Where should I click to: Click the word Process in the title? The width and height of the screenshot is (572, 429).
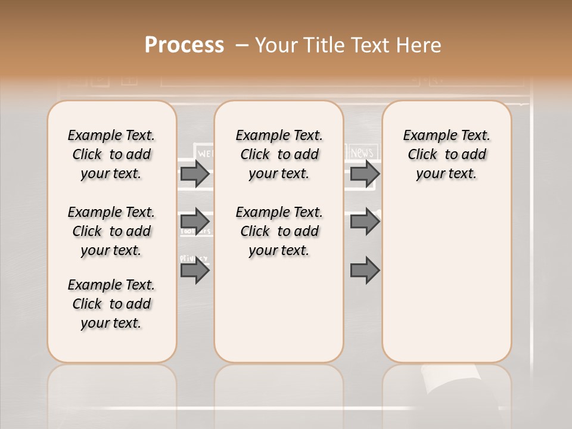[184, 45]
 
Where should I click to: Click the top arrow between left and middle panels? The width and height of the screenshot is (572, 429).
[194, 173]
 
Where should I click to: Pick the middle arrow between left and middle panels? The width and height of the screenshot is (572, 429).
[194, 221]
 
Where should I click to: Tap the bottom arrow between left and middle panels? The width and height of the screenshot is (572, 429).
[194, 271]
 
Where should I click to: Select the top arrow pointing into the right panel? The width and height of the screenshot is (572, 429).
[365, 173]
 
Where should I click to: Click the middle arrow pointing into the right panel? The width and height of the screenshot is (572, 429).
[365, 221]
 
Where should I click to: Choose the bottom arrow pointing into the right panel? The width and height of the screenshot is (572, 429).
[365, 271]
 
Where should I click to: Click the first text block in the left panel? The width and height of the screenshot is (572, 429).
[111, 154]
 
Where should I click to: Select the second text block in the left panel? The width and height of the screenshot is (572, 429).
[111, 231]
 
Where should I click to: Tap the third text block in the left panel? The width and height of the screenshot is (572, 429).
[111, 304]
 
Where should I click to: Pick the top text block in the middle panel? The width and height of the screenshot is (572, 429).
[279, 154]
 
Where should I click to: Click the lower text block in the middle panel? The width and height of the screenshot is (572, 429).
[279, 231]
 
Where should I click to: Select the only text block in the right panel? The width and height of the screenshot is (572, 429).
[446, 154]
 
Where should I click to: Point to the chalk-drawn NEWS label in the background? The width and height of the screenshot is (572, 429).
[362, 153]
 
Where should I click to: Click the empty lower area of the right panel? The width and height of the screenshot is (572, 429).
[446, 286]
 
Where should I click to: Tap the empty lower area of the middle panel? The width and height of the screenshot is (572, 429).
[279, 310]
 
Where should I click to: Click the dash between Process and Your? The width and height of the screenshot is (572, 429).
[242, 45]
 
